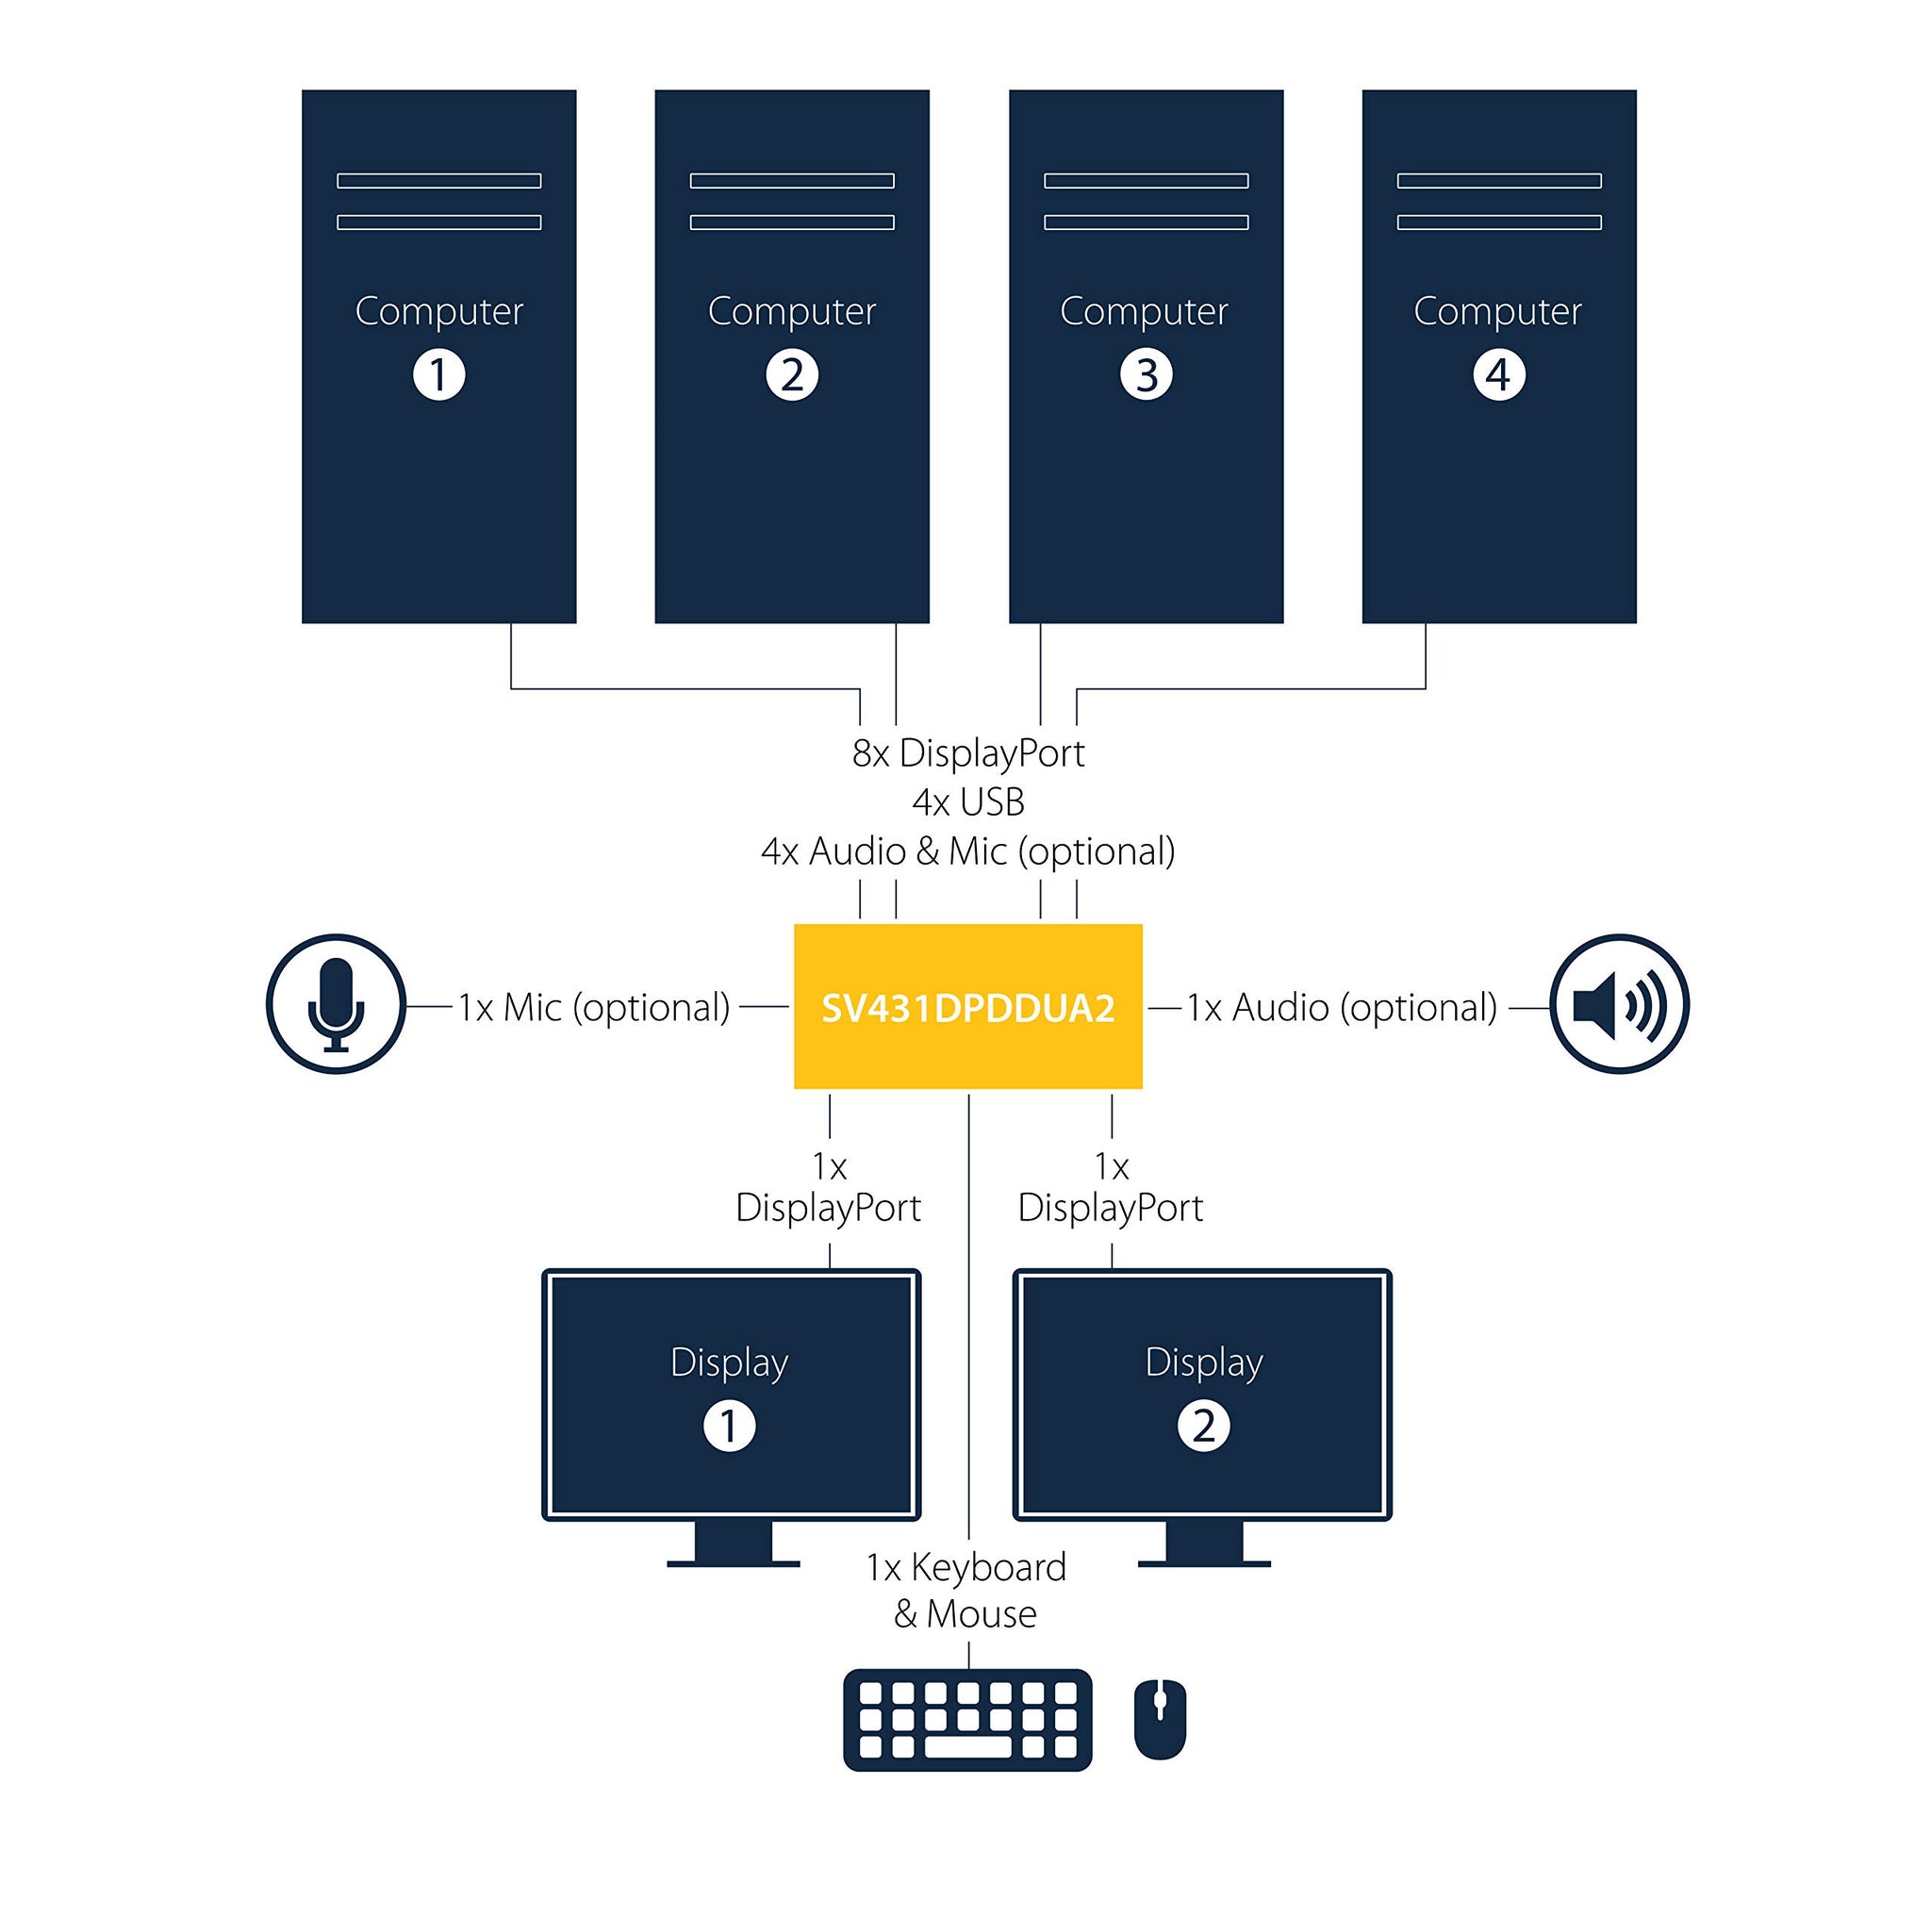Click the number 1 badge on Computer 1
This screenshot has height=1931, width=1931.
pyautogui.click(x=438, y=375)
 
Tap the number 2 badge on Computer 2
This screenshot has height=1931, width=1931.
pyautogui.click(x=792, y=375)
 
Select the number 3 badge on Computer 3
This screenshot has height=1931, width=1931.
pyautogui.click(x=1146, y=375)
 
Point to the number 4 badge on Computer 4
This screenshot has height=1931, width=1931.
pyautogui.click(x=1498, y=375)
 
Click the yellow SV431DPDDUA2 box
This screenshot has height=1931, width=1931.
pyautogui.click(x=967, y=1006)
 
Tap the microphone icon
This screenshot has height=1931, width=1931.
pyautogui.click(x=336, y=1003)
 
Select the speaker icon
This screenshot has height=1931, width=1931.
pyautogui.click(x=1618, y=1003)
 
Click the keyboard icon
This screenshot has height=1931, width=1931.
pyautogui.click(x=967, y=1719)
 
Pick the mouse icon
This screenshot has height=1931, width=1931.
pyautogui.click(x=1160, y=1719)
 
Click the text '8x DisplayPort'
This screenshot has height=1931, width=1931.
pyautogui.click(x=967, y=753)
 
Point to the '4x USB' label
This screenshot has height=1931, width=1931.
pyautogui.click(x=967, y=802)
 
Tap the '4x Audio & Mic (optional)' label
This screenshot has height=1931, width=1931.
pyautogui.click(x=967, y=851)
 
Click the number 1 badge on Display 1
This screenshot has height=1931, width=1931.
pyautogui.click(x=730, y=1426)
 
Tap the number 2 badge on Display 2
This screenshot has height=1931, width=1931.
pyautogui.click(x=1203, y=1426)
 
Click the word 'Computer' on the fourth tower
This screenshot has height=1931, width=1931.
pyautogui.click(x=1497, y=311)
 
